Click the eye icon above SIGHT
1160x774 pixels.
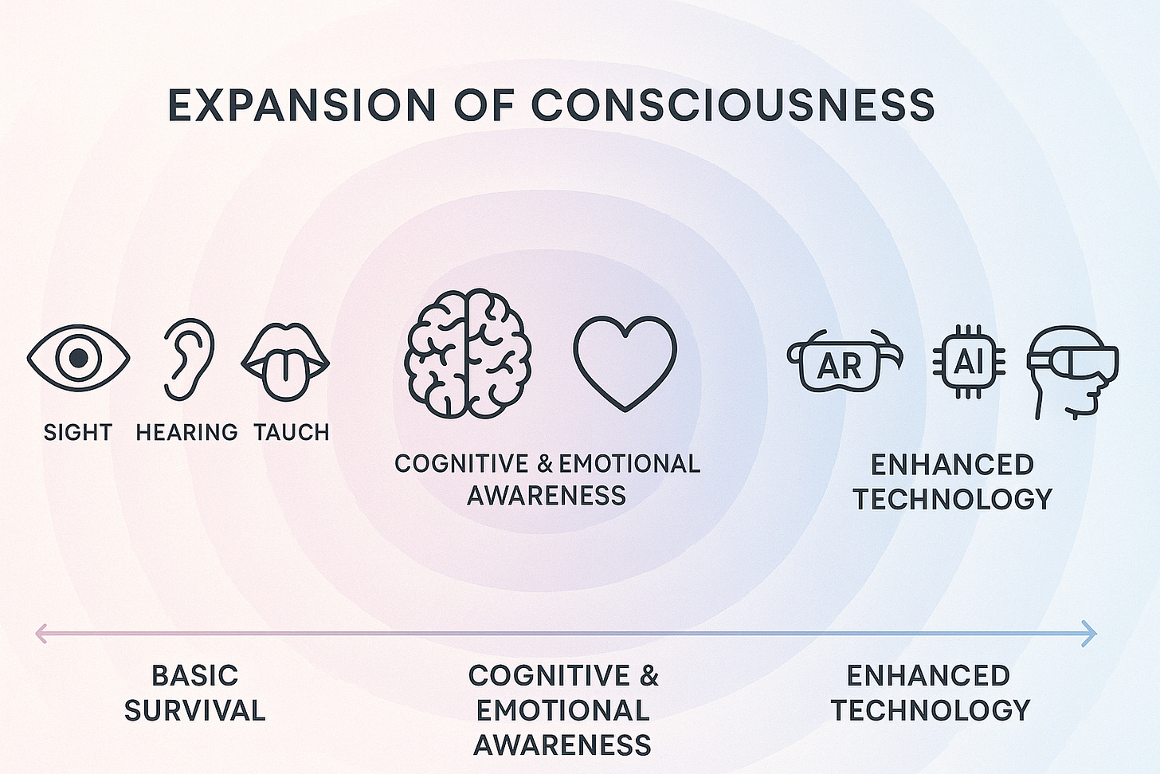(x=78, y=358)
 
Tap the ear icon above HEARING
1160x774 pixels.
(x=189, y=358)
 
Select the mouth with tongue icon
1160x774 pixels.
(x=285, y=362)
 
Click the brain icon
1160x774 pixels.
(x=467, y=353)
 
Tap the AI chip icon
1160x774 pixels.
(x=968, y=362)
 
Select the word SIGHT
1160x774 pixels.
(x=78, y=432)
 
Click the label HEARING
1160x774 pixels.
(x=186, y=432)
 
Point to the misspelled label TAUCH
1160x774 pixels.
(x=292, y=432)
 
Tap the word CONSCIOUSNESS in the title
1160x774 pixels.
(x=733, y=105)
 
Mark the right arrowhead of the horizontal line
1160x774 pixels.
(x=1090, y=634)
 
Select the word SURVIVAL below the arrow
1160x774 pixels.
(x=194, y=710)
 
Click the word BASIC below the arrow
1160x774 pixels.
(x=194, y=675)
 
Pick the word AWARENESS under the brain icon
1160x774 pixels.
(x=547, y=496)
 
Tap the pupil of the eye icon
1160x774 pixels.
(x=78, y=358)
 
